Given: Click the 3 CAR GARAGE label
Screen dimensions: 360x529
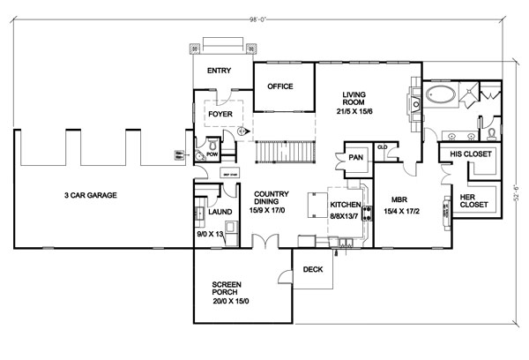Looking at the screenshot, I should pos(91,194).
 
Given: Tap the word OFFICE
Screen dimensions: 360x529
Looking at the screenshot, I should pos(280,86).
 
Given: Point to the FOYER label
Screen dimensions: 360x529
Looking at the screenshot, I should pos(219,114).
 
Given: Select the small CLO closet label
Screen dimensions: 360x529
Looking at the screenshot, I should pos(382,147).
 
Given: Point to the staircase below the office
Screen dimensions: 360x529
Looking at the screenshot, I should pos(284,152).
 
